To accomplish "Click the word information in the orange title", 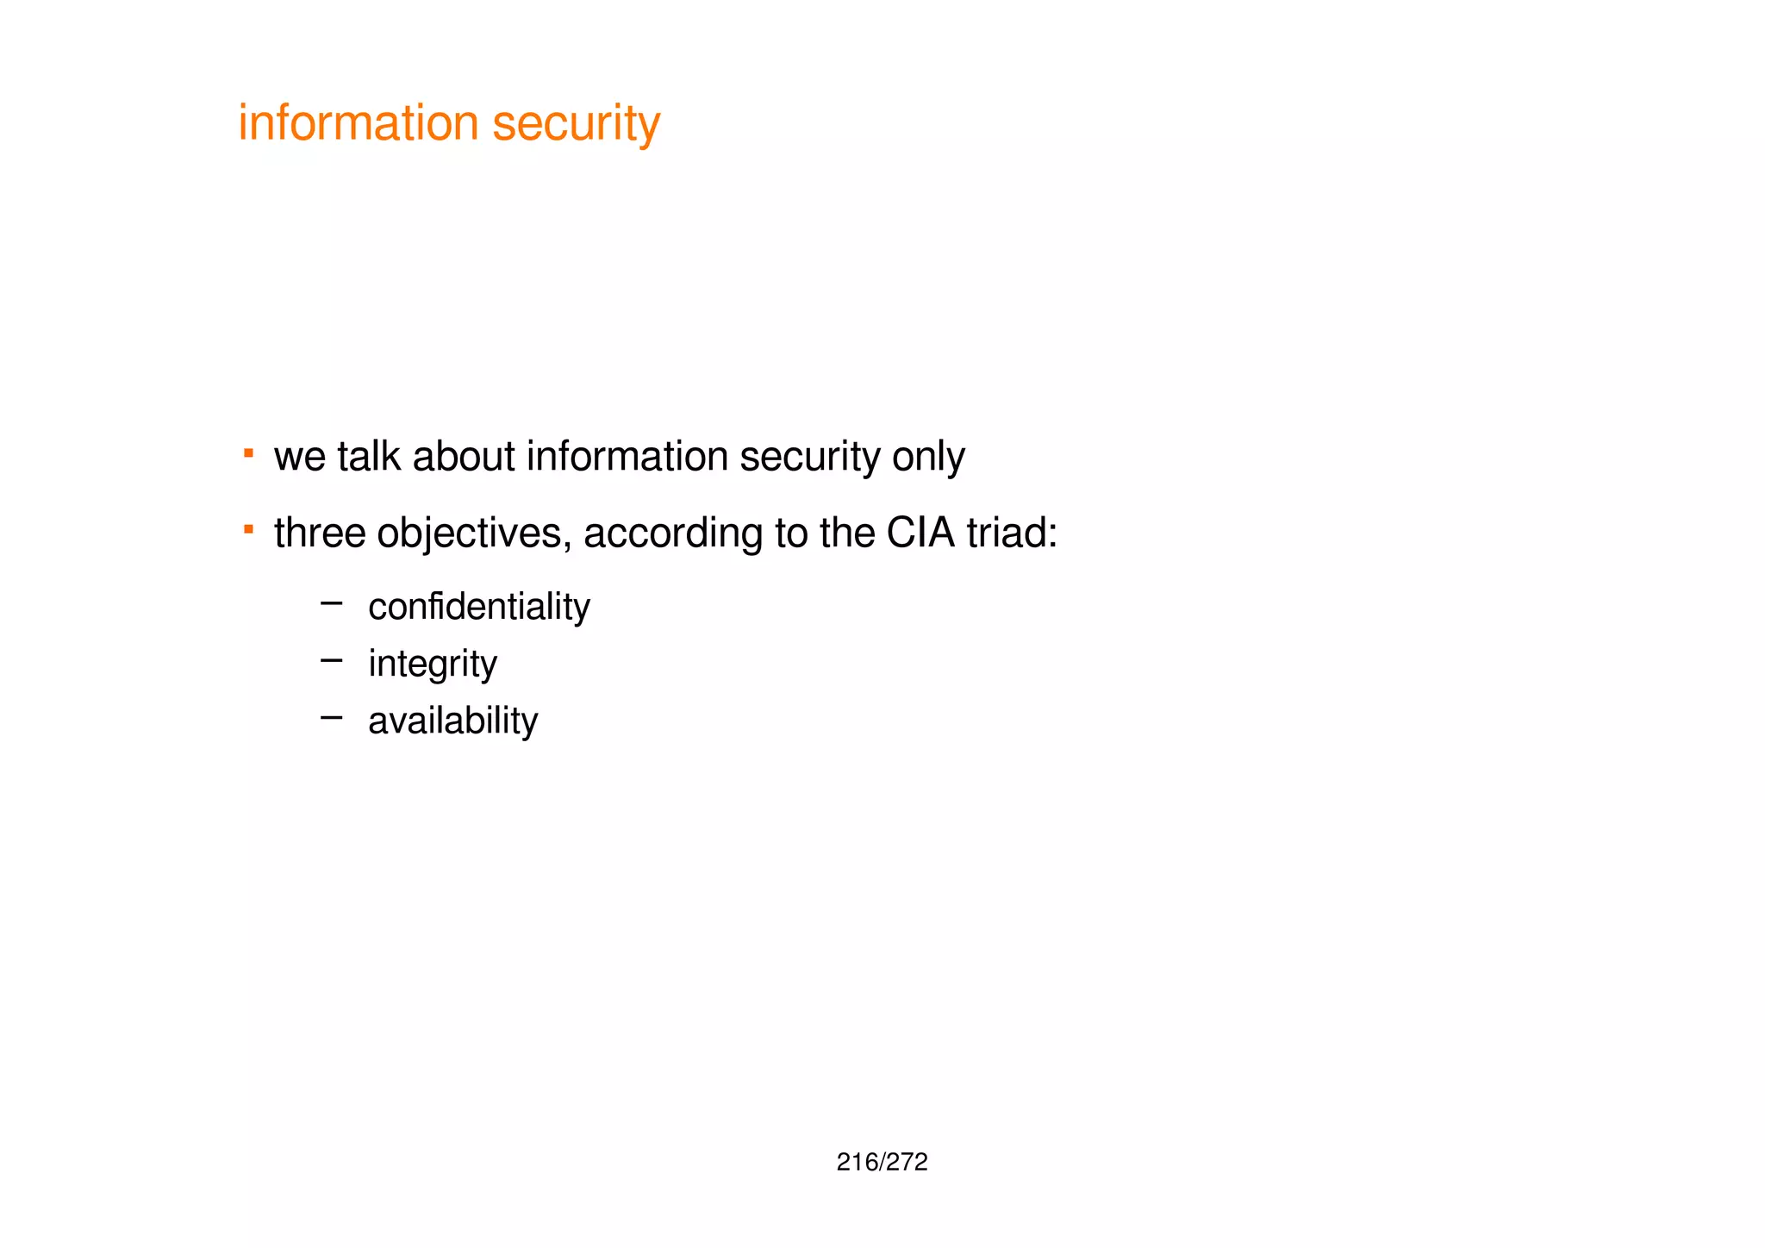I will (358, 122).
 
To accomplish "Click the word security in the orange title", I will (576, 124).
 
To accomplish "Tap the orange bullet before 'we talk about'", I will (248, 452).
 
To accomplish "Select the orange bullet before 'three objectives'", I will (248, 529).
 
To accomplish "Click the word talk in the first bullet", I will (368, 456).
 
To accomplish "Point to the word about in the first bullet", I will (464, 456).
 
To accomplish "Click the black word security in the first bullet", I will (809, 458).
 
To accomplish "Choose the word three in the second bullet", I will (320, 533).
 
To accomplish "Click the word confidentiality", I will (479, 607).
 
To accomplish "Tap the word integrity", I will (433, 665).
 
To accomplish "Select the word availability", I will (453, 721).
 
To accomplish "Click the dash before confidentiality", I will (331, 604).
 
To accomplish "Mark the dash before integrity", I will (331, 661).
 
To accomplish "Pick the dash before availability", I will (331, 717).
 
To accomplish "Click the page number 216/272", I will (882, 1163).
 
